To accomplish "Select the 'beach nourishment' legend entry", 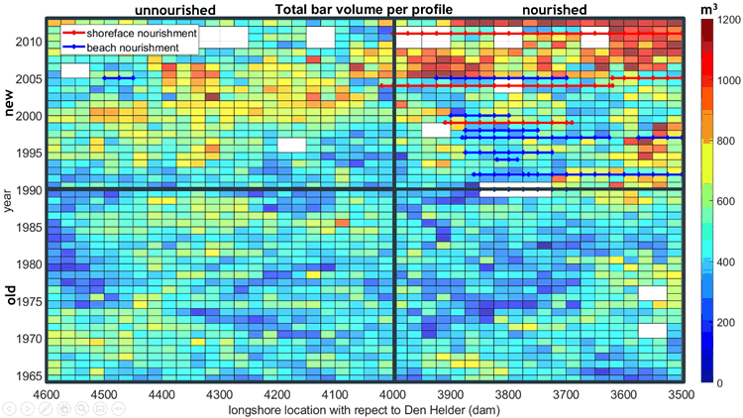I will [x=132, y=47].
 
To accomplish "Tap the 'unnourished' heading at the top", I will [x=175, y=10].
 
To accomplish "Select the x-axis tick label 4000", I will [x=394, y=393].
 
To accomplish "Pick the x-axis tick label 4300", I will [x=220, y=393].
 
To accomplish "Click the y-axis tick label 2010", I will [x=28, y=43].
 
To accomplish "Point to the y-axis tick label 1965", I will [x=28, y=375].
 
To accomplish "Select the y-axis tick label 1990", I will [x=28, y=189].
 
